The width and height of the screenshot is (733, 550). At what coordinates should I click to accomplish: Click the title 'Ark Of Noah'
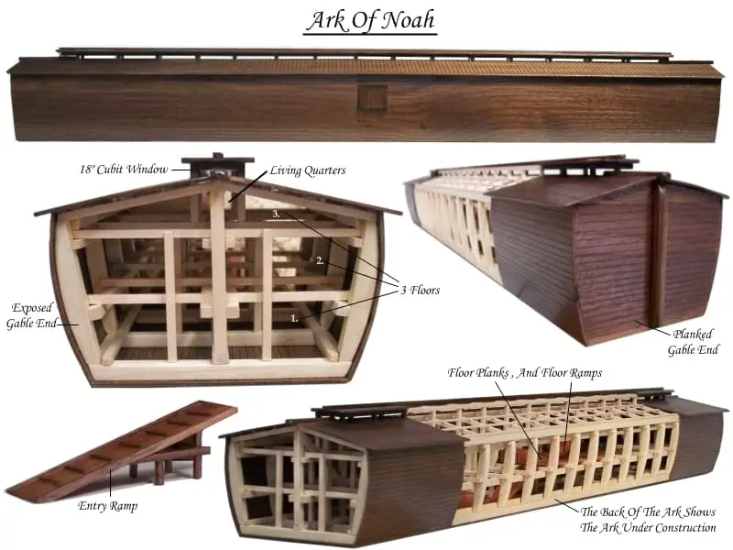pyautogui.click(x=371, y=20)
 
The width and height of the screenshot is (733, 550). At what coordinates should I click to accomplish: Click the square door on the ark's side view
pyautogui.click(x=373, y=98)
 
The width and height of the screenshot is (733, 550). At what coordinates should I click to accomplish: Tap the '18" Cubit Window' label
pyautogui.click(x=124, y=169)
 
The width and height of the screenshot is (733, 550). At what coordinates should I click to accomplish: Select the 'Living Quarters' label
pyautogui.click(x=308, y=170)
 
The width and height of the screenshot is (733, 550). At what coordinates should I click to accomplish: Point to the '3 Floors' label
pyautogui.click(x=421, y=290)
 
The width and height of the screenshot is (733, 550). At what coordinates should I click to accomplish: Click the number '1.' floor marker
pyautogui.click(x=294, y=318)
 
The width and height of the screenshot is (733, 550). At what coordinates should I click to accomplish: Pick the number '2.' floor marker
pyautogui.click(x=320, y=260)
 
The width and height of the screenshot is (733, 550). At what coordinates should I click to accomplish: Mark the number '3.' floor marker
pyautogui.click(x=277, y=214)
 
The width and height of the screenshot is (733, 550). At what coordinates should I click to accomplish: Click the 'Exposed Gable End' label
pyautogui.click(x=32, y=315)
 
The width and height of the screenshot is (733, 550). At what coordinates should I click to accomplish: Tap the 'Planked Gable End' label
pyautogui.click(x=693, y=342)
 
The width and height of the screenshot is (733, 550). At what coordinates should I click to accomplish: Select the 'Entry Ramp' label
pyautogui.click(x=108, y=506)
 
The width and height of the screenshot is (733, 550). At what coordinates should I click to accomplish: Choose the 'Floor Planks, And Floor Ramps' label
pyautogui.click(x=524, y=373)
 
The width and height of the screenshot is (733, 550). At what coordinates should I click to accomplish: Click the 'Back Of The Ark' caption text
pyautogui.click(x=648, y=520)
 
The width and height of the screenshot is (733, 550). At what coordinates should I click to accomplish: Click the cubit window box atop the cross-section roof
pyautogui.click(x=218, y=165)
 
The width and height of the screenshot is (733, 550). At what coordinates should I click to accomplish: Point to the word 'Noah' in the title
pyautogui.click(x=407, y=20)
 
